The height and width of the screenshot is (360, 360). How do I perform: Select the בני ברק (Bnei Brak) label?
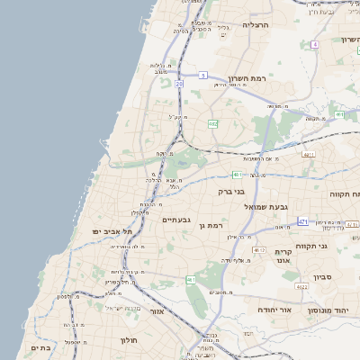point(232,191)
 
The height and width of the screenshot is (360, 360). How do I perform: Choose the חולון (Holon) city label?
point(128,341)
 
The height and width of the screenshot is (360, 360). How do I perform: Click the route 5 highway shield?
point(204,75)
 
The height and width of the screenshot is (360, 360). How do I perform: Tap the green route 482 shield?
point(212,123)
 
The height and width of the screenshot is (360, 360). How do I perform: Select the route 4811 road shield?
point(309,155)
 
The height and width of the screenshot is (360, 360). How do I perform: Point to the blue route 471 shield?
point(303,221)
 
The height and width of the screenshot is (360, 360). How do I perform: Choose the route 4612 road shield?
point(259,249)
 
